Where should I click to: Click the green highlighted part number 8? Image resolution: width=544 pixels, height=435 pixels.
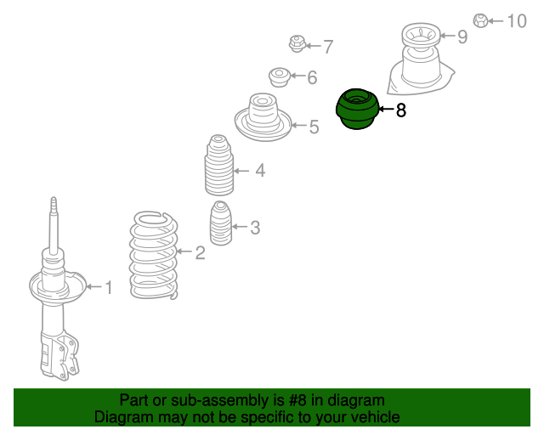pyautogui.click(x=357, y=109)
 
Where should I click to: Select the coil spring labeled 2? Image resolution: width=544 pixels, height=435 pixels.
pyautogui.click(x=154, y=255)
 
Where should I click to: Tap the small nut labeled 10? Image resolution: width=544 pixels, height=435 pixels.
pyautogui.click(x=480, y=20)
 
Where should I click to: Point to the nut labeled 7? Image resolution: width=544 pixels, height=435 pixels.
pyautogui.click(x=297, y=43)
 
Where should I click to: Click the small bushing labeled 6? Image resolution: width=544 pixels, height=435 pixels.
pyautogui.click(x=280, y=77)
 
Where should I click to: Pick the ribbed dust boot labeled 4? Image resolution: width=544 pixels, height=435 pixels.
pyautogui.click(x=219, y=165)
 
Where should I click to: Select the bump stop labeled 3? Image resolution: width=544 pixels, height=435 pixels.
pyautogui.click(x=221, y=223)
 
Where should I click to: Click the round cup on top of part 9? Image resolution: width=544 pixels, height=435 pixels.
pyautogui.click(x=422, y=36)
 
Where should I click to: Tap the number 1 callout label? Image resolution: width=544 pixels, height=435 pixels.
pyautogui.click(x=109, y=287)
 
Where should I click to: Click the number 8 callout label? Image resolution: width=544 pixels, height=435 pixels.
pyautogui.click(x=400, y=110)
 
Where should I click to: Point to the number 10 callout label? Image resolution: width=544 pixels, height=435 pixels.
pyautogui.click(x=517, y=21)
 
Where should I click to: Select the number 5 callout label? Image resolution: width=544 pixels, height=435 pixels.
pyautogui.click(x=314, y=127)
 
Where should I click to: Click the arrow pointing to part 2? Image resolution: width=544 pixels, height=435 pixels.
pyautogui.click(x=184, y=251)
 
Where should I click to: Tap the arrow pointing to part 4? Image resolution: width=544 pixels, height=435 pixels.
pyautogui.click(x=241, y=171)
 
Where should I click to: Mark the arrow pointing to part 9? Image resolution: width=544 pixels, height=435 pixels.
pyautogui.click(x=447, y=36)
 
